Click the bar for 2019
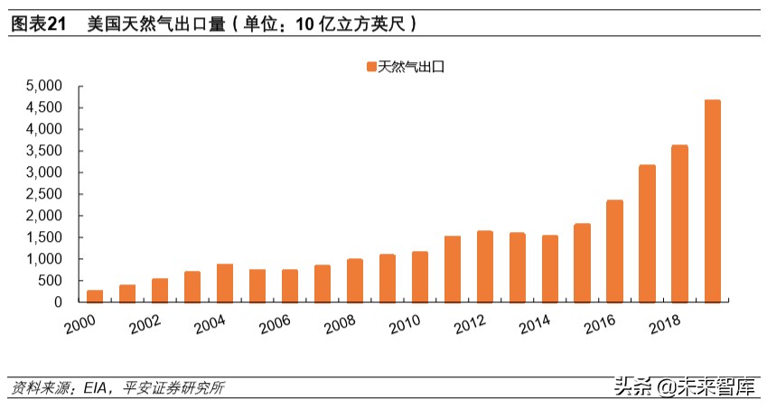tap(712, 201)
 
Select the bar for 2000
tap(94, 296)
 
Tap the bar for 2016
tap(614, 251)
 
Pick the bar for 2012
tap(484, 266)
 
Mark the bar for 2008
tap(354, 281)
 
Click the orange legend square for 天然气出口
tap(370, 66)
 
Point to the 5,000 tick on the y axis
tap(42, 86)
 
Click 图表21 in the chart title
tap(38, 24)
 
